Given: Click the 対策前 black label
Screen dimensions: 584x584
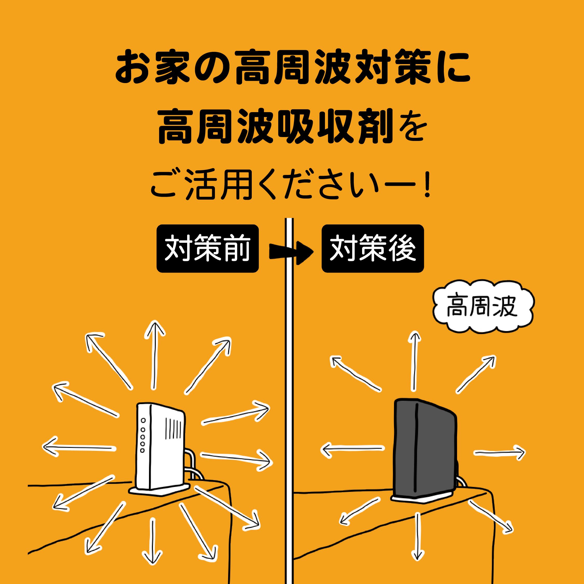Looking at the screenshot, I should coord(207,248).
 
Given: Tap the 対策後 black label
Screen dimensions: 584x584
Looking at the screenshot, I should coord(372,248).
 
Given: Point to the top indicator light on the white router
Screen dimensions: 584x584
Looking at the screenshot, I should coord(143,420).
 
